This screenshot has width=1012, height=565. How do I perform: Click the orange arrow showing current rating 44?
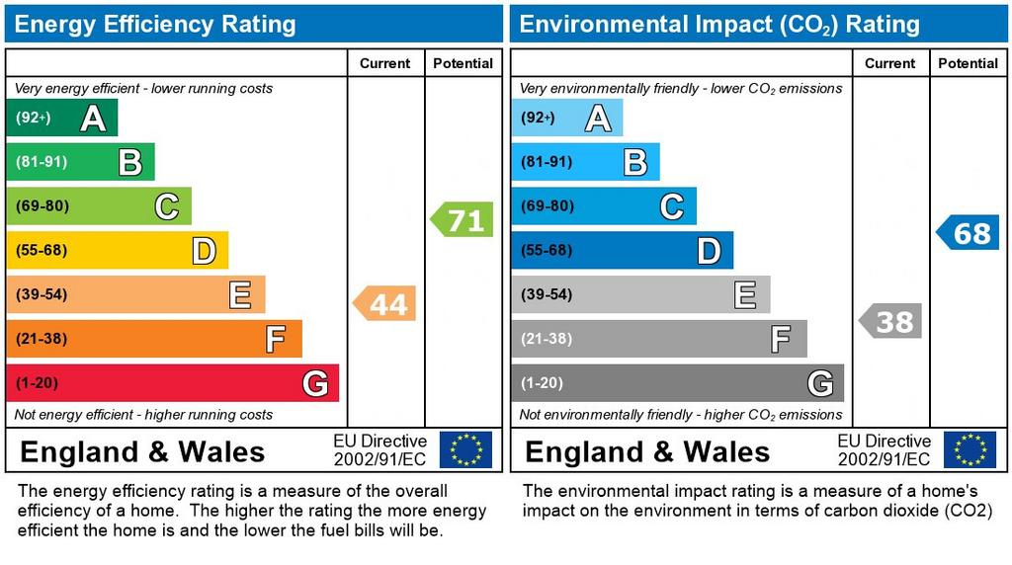[x=385, y=304]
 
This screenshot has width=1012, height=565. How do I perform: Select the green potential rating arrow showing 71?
[x=463, y=219]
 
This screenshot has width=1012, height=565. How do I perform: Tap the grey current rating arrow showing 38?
[x=890, y=321]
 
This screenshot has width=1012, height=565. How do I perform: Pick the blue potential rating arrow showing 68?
[x=969, y=233]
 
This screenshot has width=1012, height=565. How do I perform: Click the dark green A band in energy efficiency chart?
[x=61, y=119]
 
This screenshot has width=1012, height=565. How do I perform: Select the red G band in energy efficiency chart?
[x=172, y=383]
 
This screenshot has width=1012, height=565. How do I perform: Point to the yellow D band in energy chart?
[x=117, y=251]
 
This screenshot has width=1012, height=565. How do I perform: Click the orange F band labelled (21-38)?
[x=153, y=339]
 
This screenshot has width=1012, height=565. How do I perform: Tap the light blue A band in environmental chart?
[x=566, y=119]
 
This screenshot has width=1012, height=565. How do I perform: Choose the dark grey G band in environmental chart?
[x=677, y=383]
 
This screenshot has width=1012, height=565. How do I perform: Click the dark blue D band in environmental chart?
[x=622, y=251]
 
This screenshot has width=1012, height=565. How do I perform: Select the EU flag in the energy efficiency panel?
[x=464, y=449]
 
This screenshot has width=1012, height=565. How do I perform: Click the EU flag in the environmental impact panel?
[x=970, y=449]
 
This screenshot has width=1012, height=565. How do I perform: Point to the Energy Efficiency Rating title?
[x=155, y=24]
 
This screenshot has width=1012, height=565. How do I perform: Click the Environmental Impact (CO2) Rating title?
[x=719, y=24]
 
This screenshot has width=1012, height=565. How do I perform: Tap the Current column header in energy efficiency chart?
[x=384, y=63]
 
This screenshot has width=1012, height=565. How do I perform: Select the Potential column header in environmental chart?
[x=968, y=63]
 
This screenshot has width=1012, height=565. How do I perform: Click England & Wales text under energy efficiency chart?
[x=142, y=452]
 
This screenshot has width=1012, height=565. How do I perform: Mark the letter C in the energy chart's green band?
[x=166, y=207]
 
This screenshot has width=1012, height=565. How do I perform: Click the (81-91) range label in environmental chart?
[x=547, y=162]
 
